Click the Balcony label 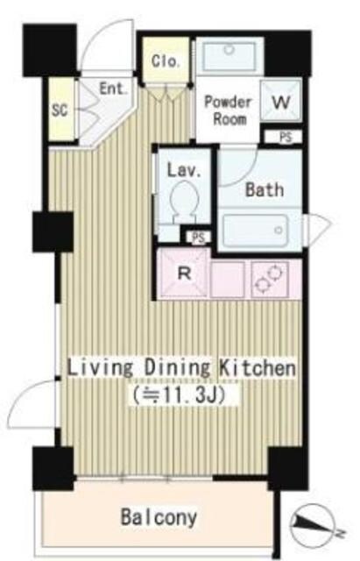tap(159, 517)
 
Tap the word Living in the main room tap(101, 368)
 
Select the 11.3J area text tap(179, 395)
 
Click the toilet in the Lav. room tap(184, 202)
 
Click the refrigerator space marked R tap(183, 273)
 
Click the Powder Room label tap(228, 110)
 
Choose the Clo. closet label tap(165, 60)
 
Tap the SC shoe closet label tap(60, 110)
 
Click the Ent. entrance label tap(113, 89)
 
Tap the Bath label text tap(265, 189)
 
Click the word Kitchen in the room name tap(258, 367)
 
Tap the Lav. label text tap(184, 170)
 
